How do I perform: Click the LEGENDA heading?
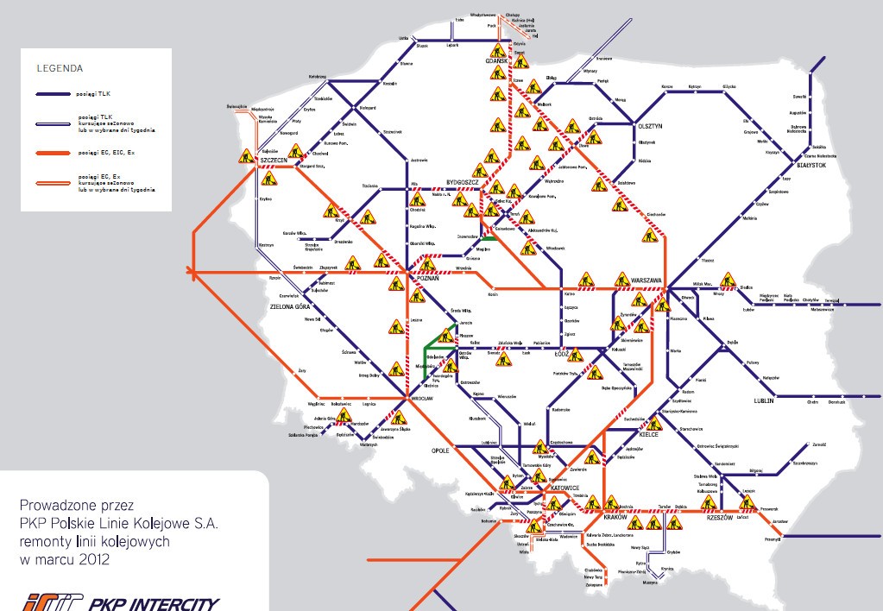click(60, 66)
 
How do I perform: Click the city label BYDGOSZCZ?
click(462, 183)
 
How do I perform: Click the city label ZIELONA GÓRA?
click(290, 306)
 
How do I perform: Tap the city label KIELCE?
click(648, 436)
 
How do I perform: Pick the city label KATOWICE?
click(564, 488)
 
